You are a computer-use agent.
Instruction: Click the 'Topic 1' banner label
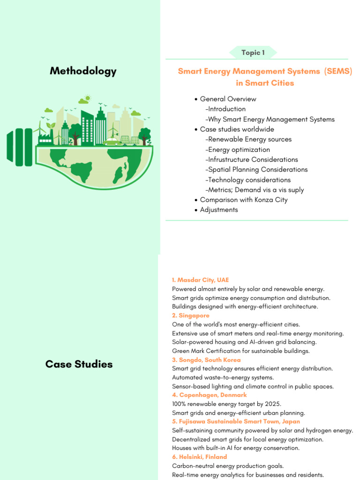coord(253,52)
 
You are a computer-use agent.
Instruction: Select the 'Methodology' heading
coord(83,71)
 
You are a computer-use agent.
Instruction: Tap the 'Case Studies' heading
coord(79,364)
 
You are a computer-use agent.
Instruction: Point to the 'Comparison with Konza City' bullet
coord(243,200)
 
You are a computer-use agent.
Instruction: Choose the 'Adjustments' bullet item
coord(218,210)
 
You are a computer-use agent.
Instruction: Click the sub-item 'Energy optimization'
coord(239,150)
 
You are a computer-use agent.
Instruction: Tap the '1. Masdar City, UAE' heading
coord(200,280)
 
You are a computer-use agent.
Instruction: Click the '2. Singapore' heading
coord(190,315)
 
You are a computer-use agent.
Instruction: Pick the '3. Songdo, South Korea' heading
coord(206,360)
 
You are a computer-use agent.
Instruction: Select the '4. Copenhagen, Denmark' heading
coord(209,395)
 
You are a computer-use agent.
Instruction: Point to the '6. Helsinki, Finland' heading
coord(199,457)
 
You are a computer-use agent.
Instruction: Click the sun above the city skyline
coord(86,99)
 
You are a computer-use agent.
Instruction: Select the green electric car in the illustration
coord(112,141)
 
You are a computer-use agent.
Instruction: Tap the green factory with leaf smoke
coord(46,136)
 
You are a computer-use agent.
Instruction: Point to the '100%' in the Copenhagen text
coord(180,404)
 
